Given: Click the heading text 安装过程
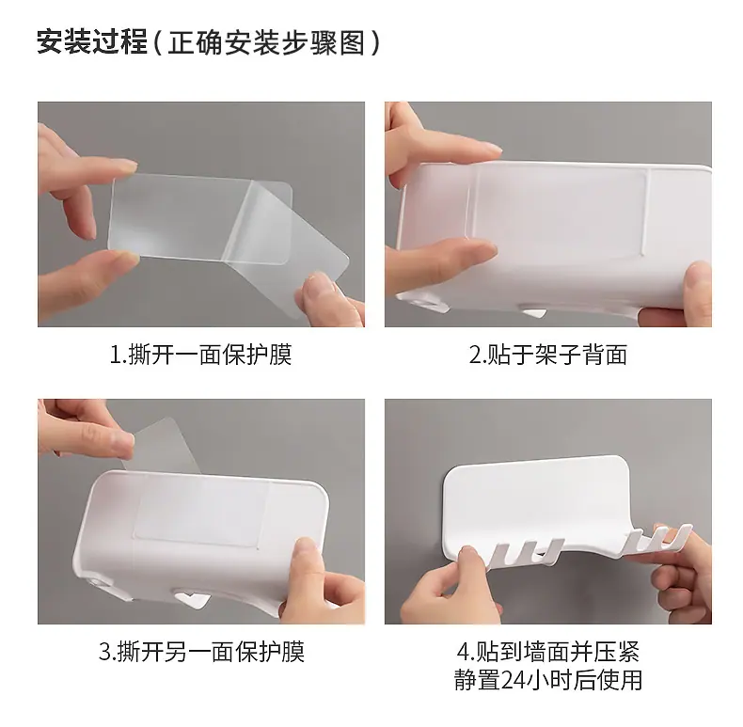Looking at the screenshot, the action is pyautogui.click(x=92, y=42).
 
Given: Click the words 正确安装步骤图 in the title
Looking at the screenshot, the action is pyautogui.click(x=267, y=42).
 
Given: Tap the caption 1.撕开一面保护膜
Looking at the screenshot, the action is pyautogui.click(x=200, y=355).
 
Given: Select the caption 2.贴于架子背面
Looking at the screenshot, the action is pyautogui.click(x=547, y=355).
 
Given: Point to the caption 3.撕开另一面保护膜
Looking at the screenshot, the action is pyautogui.click(x=201, y=652).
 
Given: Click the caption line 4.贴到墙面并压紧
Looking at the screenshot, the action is pyautogui.click(x=547, y=652).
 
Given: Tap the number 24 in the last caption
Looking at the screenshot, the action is pyautogui.click(x=513, y=681).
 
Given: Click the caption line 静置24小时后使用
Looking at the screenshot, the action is pyautogui.click(x=547, y=681).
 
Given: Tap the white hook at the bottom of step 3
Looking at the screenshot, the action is pyautogui.click(x=190, y=599).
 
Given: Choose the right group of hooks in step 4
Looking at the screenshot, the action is pyautogui.click(x=656, y=538).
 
